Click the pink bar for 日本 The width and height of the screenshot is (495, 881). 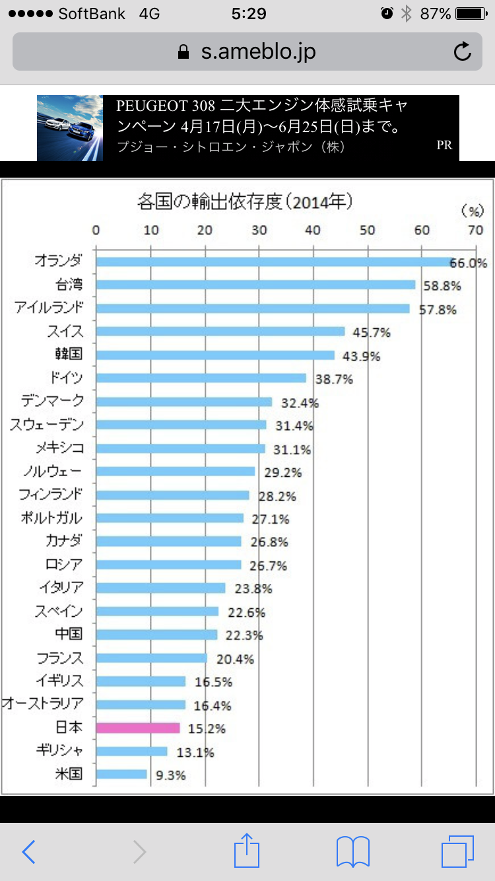pos(138,728)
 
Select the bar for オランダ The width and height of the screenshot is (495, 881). pos(274,262)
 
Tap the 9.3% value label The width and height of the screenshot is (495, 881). pos(171,775)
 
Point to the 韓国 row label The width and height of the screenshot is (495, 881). pos(69,355)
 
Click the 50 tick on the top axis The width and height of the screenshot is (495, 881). pos(367,230)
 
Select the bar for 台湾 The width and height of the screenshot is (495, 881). pos(255,285)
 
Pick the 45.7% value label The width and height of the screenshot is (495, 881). pos(367,332)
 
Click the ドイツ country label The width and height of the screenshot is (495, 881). pos(66,378)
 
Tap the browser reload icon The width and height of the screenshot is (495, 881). pos(463,52)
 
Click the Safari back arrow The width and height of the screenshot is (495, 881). pos(28,852)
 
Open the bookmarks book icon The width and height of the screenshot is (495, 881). pos(352,852)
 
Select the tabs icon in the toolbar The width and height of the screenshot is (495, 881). pos(457,852)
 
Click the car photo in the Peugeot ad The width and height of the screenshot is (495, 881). pos(70,128)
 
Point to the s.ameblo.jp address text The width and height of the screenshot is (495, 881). pos(258,52)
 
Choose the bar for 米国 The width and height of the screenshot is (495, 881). pos(121,774)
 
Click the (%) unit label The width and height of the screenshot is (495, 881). pos(472,211)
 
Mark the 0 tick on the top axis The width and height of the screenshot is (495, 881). pos(96,230)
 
